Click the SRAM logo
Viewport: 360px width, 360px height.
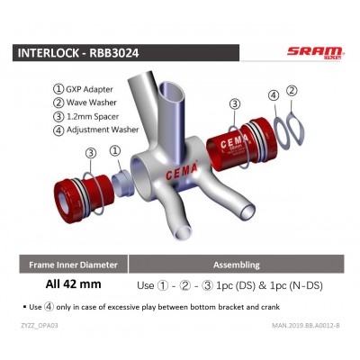click(x=315, y=51)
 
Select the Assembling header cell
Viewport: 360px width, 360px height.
click(x=235, y=265)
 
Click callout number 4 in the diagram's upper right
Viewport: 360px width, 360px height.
click(x=273, y=94)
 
